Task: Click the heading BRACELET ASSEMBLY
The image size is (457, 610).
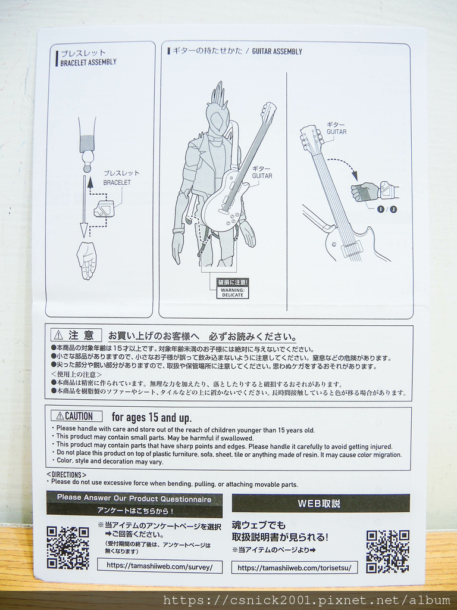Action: (x=88, y=62)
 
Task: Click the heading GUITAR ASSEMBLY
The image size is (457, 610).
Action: (x=277, y=52)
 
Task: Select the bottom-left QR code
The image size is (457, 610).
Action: (x=68, y=547)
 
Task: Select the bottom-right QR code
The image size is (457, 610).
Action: (x=387, y=551)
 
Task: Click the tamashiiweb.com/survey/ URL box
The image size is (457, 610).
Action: (x=159, y=567)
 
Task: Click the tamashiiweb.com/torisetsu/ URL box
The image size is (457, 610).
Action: (x=295, y=568)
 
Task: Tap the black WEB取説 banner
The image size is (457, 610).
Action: (x=320, y=503)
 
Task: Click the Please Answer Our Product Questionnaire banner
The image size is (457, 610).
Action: (x=134, y=499)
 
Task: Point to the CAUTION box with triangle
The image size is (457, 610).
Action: (x=76, y=416)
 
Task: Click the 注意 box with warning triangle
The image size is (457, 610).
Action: (x=76, y=336)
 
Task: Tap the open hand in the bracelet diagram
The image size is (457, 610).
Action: (x=87, y=260)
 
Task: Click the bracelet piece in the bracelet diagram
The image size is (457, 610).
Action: (x=104, y=208)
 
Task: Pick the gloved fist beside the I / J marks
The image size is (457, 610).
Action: (x=365, y=192)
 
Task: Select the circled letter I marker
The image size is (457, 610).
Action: (x=381, y=209)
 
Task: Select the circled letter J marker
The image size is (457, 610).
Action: (x=393, y=209)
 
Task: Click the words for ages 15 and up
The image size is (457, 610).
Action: (x=152, y=418)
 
